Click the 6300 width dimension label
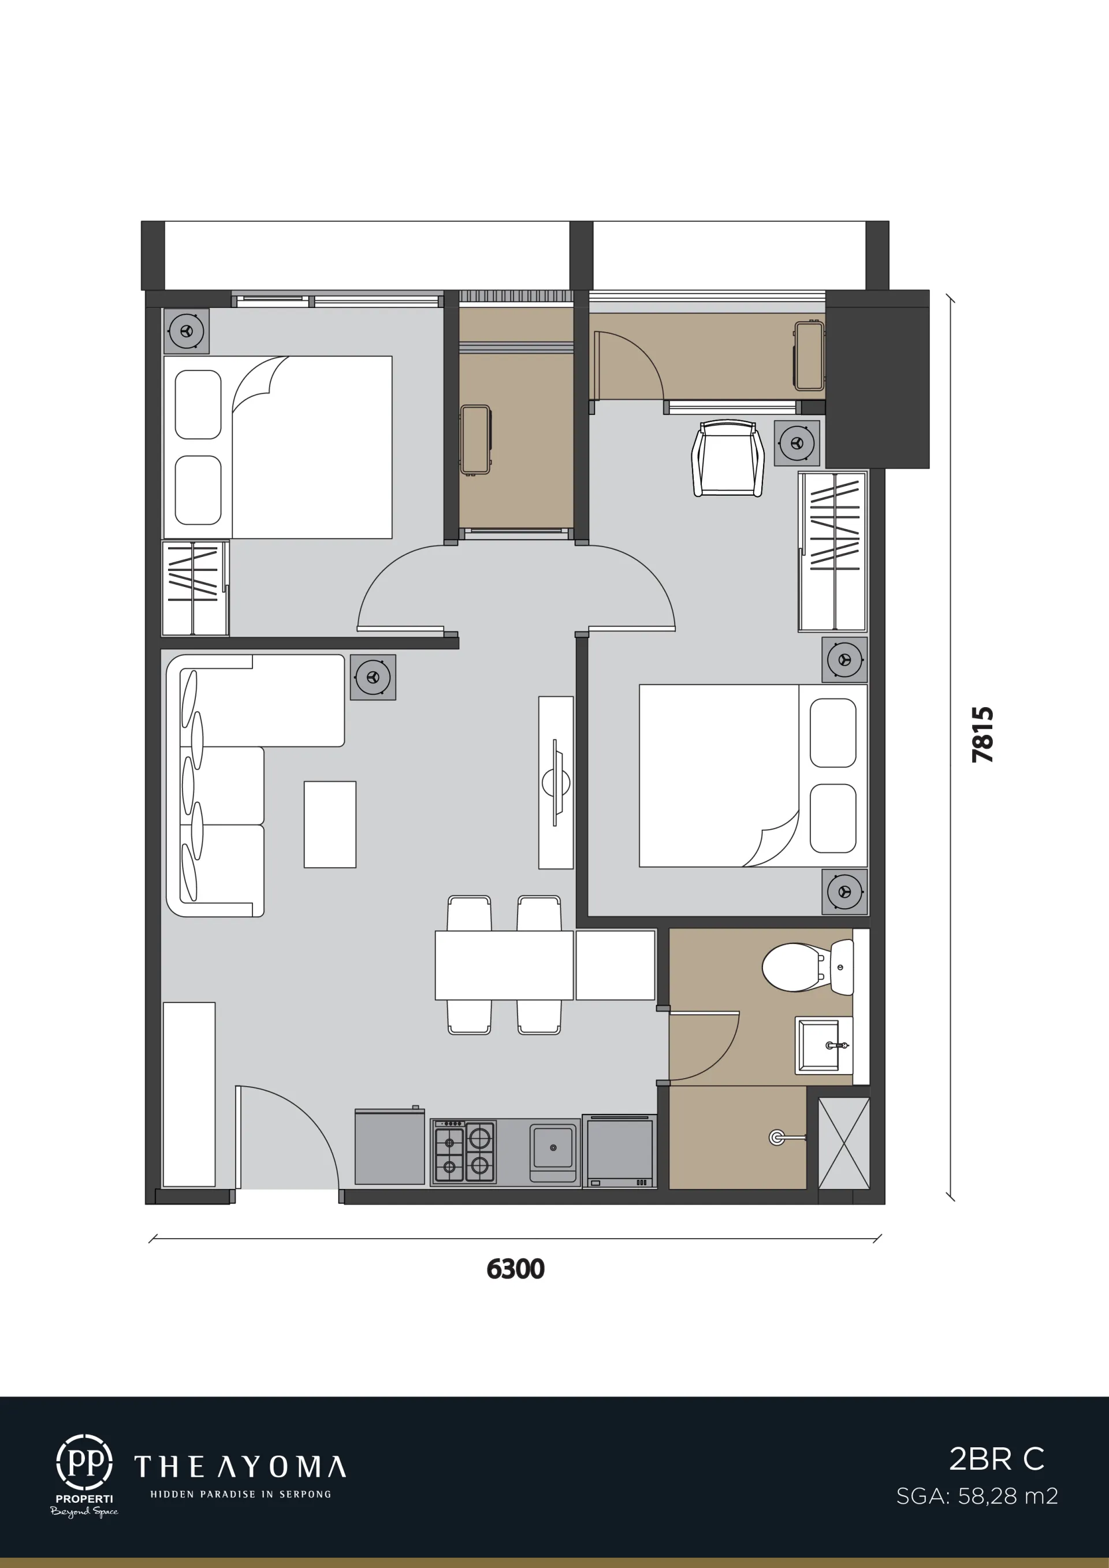(516, 1268)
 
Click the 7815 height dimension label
(983, 735)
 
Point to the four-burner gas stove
(464, 1151)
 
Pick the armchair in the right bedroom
(727, 458)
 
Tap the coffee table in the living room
(330, 824)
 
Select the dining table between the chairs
(504, 965)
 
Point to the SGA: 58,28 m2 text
(977, 1496)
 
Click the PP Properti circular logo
(84, 1463)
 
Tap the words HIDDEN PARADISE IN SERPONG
(240, 1494)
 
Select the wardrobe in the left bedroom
(195, 588)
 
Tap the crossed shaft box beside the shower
(844, 1143)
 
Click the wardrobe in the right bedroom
(832, 551)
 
